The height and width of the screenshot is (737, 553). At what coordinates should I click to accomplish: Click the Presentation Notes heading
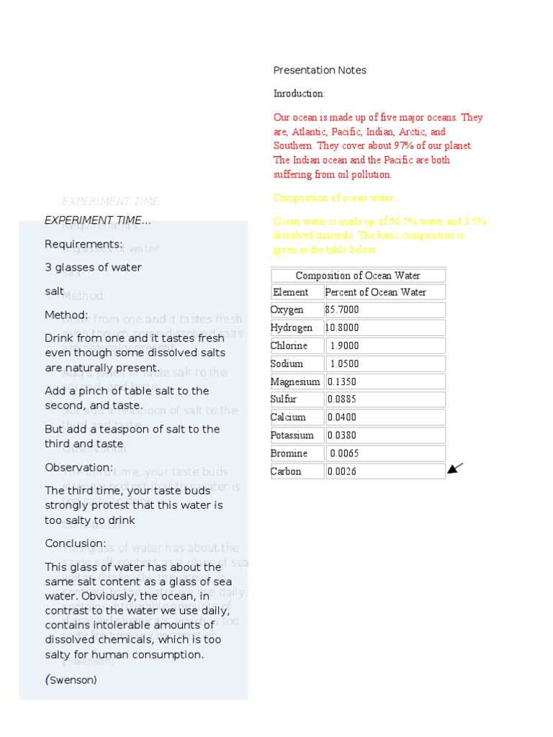(x=320, y=70)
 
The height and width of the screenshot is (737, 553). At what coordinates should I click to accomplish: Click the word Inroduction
(x=299, y=94)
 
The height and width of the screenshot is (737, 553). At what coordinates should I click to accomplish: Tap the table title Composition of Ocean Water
(x=358, y=276)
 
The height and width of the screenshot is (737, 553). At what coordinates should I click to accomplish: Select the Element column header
(x=290, y=292)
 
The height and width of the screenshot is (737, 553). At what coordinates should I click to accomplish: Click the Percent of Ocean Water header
(x=375, y=292)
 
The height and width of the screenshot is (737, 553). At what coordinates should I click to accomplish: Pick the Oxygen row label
(x=287, y=310)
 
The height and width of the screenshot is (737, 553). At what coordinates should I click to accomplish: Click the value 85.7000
(x=342, y=310)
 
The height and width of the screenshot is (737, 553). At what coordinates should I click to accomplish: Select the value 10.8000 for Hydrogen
(x=342, y=327)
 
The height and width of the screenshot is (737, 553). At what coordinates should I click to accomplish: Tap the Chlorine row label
(x=289, y=345)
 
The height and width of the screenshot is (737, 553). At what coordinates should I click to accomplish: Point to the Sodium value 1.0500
(x=344, y=363)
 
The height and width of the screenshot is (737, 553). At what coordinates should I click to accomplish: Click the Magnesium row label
(x=295, y=381)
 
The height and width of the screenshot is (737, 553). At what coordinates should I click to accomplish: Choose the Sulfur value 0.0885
(x=342, y=399)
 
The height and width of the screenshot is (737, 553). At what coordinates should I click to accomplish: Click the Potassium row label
(x=292, y=435)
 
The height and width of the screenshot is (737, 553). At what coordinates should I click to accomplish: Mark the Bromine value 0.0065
(x=344, y=453)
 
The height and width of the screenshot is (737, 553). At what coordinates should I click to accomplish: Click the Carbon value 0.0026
(x=342, y=471)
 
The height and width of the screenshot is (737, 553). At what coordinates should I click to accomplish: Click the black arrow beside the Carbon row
(x=455, y=469)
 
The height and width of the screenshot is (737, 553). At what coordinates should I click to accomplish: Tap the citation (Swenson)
(x=71, y=679)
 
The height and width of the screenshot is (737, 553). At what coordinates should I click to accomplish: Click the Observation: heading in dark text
(x=78, y=467)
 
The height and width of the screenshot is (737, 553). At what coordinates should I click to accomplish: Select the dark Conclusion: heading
(x=75, y=543)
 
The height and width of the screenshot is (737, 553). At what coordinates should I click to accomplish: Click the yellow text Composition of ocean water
(x=334, y=198)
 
